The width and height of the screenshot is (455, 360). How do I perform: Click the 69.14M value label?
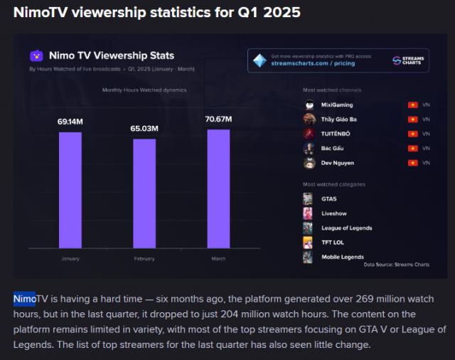[x=70, y=122]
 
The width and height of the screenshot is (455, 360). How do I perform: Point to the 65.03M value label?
[x=144, y=129]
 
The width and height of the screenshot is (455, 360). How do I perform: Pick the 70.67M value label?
[x=218, y=119]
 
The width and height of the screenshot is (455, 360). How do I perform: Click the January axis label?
[x=70, y=259]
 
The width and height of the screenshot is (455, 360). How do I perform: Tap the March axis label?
[x=218, y=259]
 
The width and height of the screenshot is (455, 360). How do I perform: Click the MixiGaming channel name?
[x=337, y=105]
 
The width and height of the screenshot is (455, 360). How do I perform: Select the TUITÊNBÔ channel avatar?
[x=309, y=134]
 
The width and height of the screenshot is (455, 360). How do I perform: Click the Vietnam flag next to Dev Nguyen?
[x=412, y=163]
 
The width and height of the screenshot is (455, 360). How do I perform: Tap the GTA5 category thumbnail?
[x=308, y=198]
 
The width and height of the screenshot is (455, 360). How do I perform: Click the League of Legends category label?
[x=346, y=228]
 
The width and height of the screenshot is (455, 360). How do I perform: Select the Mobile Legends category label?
[x=342, y=257]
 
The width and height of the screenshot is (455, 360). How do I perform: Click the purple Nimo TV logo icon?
[x=36, y=55]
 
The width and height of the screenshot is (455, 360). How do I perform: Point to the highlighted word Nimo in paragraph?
[x=25, y=299]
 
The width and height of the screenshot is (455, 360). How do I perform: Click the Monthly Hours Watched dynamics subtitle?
[x=144, y=90]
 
